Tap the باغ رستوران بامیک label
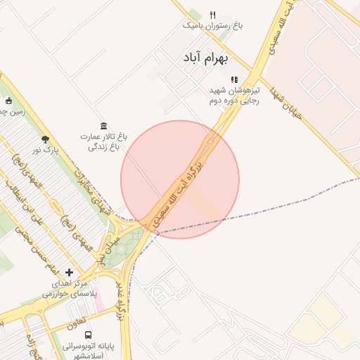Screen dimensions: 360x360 [x=212, y=25]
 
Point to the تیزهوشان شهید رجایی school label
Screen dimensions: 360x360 [x=233, y=96]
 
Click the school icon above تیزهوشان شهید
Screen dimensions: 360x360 [x=234, y=80]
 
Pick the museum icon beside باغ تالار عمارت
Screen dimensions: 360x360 [x=103, y=124]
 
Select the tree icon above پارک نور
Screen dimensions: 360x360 [x=46, y=139]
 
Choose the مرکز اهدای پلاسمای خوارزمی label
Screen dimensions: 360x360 [x=69, y=287]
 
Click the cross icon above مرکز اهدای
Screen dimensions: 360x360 [x=69, y=272]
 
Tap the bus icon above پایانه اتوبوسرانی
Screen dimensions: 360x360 [x=88, y=335]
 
